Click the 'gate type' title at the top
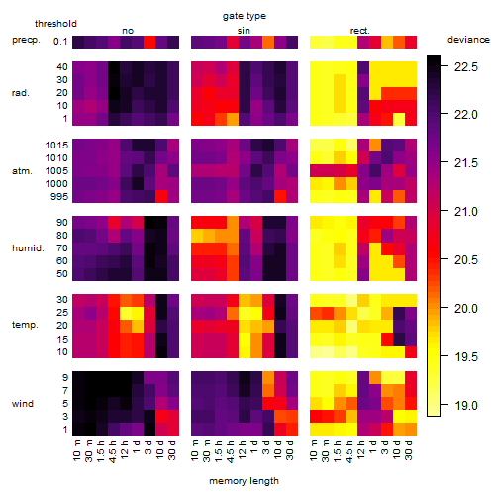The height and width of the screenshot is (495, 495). point(245,16)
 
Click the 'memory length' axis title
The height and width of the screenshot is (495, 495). point(244,481)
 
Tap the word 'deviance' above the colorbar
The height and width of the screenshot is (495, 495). point(468,40)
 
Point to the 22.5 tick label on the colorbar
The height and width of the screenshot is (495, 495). point(466,67)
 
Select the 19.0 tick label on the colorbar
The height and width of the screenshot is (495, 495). point(466,405)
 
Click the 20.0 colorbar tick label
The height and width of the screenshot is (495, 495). point(466,309)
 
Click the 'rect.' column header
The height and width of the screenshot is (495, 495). point(360,31)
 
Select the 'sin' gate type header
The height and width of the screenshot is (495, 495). point(244,31)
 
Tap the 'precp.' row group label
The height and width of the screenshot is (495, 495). point(26,40)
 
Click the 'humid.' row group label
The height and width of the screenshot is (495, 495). point(28,248)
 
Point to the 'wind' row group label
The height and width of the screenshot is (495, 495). point(23,404)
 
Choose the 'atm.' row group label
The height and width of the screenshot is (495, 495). point(22,171)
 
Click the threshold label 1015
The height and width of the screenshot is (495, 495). point(56,146)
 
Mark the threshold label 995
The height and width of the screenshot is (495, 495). point(59,197)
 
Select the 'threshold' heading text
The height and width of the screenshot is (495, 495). point(55,24)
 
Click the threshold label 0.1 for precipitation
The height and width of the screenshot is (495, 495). point(60,42)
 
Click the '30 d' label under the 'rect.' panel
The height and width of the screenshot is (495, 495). point(408,449)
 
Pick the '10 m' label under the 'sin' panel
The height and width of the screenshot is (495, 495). point(195,450)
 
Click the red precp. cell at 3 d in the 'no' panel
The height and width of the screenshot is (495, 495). point(149,42)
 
